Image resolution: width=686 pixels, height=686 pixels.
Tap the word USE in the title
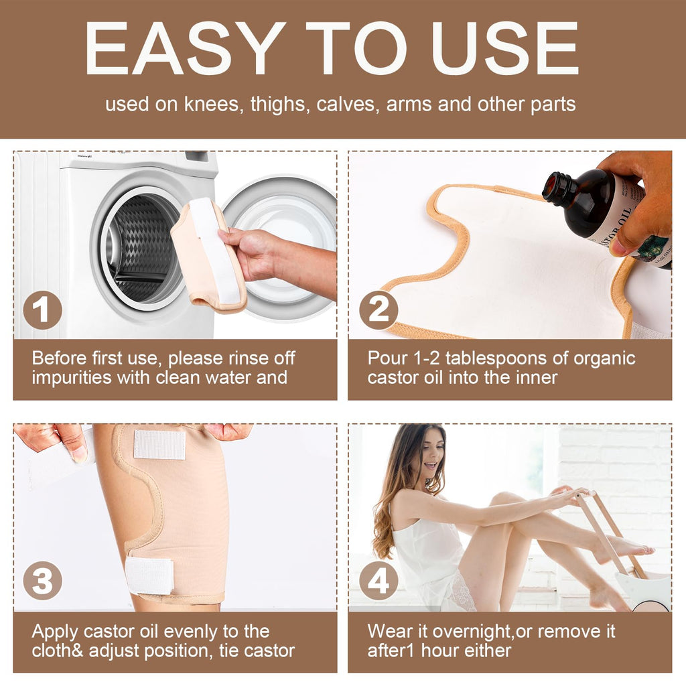pyautogui.click(x=506, y=48)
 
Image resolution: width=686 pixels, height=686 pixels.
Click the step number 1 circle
pyautogui.click(x=42, y=310)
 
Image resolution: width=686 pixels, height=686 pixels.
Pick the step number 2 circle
pyautogui.click(x=379, y=310)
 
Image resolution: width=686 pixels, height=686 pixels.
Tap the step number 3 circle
pyautogui.click(x=42, y=581)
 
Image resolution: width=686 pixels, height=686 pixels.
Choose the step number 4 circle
pyautogui.click(x=379, y=581)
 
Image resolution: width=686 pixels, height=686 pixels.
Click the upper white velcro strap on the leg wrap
pyautogui.click(x=159, y=445)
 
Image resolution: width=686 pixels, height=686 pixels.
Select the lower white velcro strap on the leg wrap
pyautogui.click(x=149, y=576)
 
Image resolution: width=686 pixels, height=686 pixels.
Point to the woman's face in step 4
pyautogui.click(x=431, y=455)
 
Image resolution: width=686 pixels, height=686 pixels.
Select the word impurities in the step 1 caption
pyautogui.click(x=72, y=378)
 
